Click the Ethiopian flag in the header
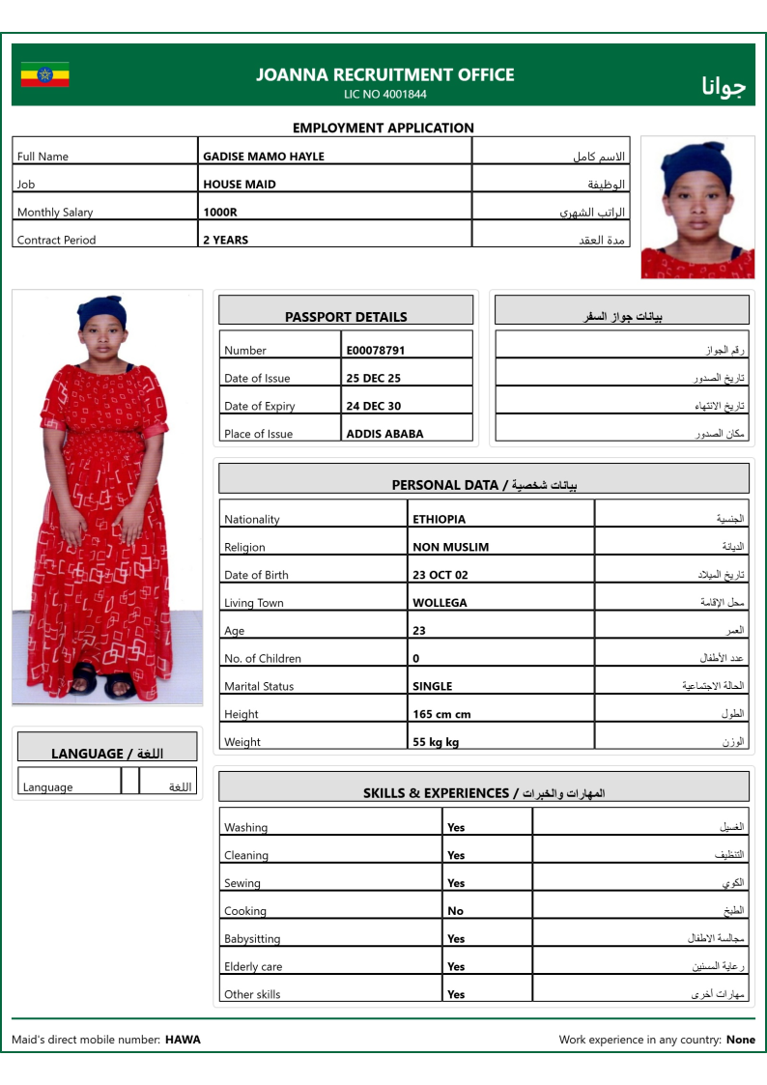[x=44, y=74]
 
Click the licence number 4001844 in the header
[x=405, y=95]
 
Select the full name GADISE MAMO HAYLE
[x=263, y=157]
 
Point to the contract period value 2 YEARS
[x=225, y=241]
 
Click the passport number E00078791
[x=375, y=351]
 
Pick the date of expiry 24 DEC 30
[x=373, y=407]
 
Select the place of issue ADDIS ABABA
[x=384, y=435]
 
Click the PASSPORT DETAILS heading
[x=346, y=317]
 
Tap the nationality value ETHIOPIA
[x=439, y=520]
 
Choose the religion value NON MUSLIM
[x=450, y=548]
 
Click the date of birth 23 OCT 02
[x=440, y=576]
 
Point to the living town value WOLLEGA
[x=440, y=604]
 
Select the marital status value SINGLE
[x=432, y=687]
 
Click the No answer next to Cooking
[x=455, y=911]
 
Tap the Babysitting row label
[x=252, y=939]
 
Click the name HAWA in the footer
[x=183, y=1041]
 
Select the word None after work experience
[x=741, y=1041]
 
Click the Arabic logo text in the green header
[x=724, y=86]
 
